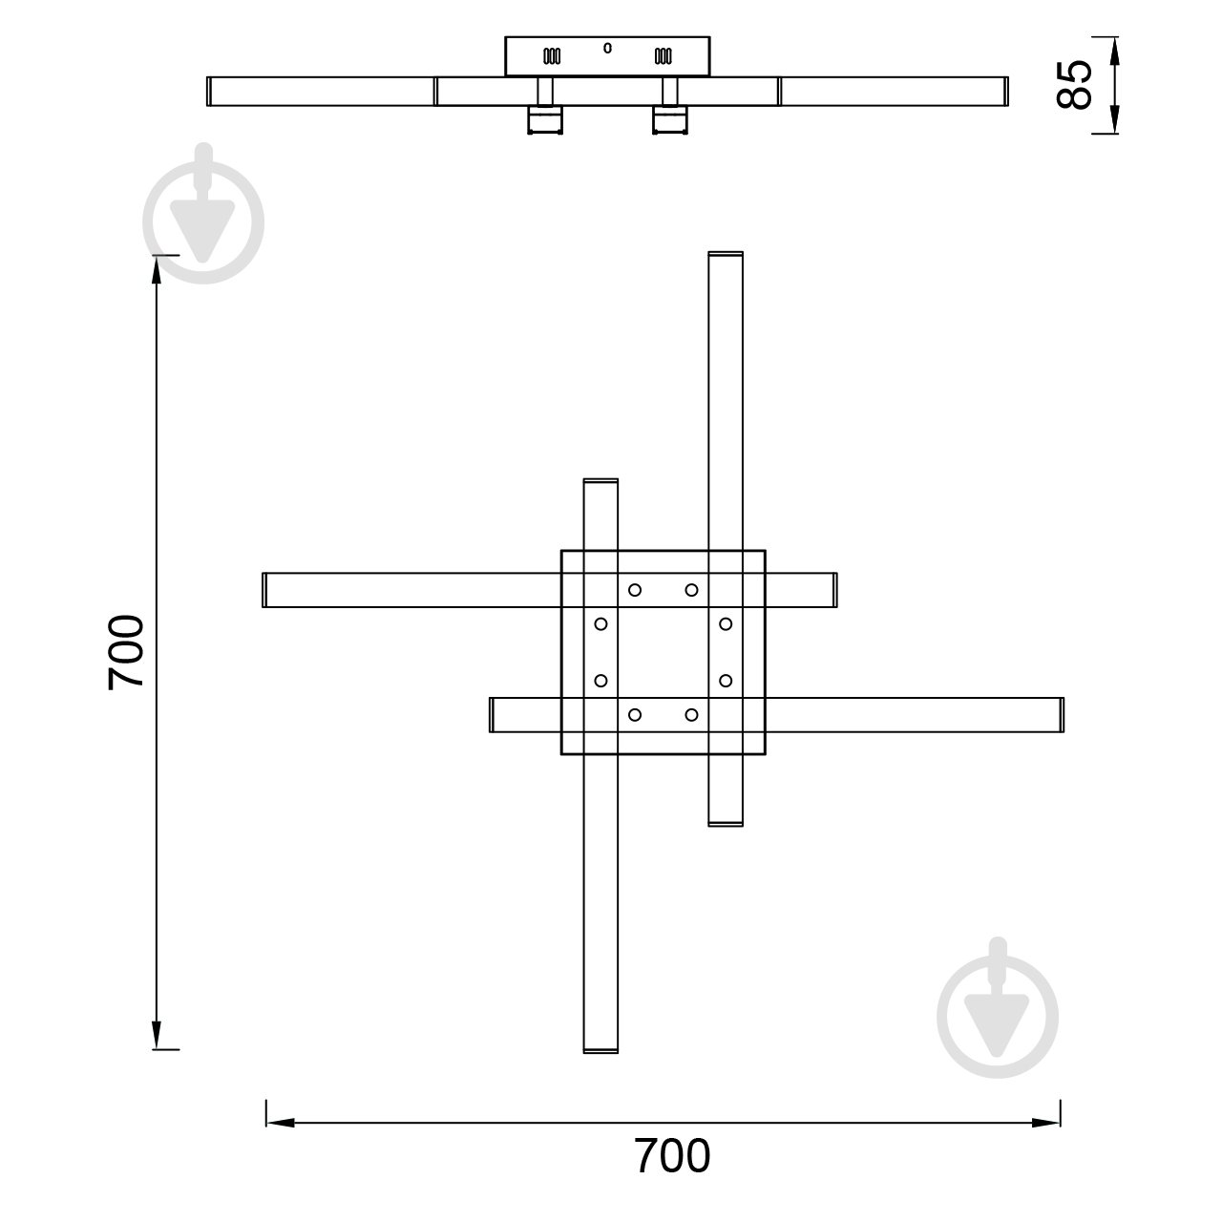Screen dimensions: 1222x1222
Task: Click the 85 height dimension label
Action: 1076,85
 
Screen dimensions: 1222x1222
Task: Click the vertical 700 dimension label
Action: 125,652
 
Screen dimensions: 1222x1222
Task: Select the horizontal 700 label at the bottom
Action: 672,1156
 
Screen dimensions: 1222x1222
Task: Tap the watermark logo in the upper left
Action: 203,216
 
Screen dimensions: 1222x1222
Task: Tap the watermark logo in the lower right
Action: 998,1009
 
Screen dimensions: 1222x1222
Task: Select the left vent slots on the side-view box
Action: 552,56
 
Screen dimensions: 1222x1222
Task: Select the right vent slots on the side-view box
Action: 663,56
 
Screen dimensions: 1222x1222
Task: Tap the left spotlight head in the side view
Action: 545,121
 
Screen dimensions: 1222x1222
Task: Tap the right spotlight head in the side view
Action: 668,121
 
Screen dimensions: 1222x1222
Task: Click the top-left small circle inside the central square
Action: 635,590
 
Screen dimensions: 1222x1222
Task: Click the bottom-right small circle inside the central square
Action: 691,714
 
